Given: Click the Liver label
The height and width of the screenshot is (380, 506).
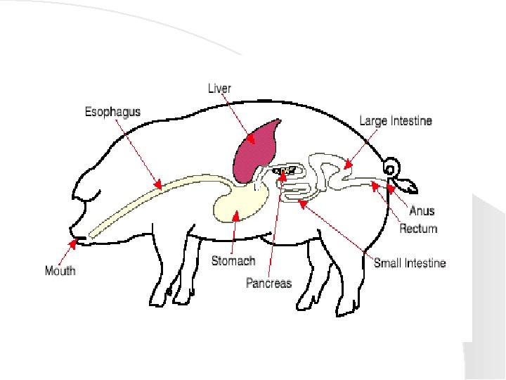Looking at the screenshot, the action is [219, 89].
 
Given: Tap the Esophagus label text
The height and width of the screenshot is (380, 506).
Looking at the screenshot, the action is [112, 112].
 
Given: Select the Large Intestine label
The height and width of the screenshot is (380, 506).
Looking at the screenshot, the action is [396, 121].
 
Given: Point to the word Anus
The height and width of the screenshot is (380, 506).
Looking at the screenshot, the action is [422, 211].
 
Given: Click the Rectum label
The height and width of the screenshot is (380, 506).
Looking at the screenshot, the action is [418, 229].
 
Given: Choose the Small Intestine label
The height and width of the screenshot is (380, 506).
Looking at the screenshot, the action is [410, 263].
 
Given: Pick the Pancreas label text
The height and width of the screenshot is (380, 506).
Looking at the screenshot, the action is [268, 283].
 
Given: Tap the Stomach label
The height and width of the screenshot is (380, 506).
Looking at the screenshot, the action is [233, 261].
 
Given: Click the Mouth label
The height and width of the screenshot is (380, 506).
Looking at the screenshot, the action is [60, 270].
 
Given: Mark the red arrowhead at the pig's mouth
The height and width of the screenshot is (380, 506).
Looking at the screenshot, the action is [72, 243].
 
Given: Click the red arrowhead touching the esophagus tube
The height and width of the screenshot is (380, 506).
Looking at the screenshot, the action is [158, 186].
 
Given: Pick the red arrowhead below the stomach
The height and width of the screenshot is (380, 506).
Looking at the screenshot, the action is [236, 215].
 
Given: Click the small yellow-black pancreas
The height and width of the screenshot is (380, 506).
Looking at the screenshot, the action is [285, 170].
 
